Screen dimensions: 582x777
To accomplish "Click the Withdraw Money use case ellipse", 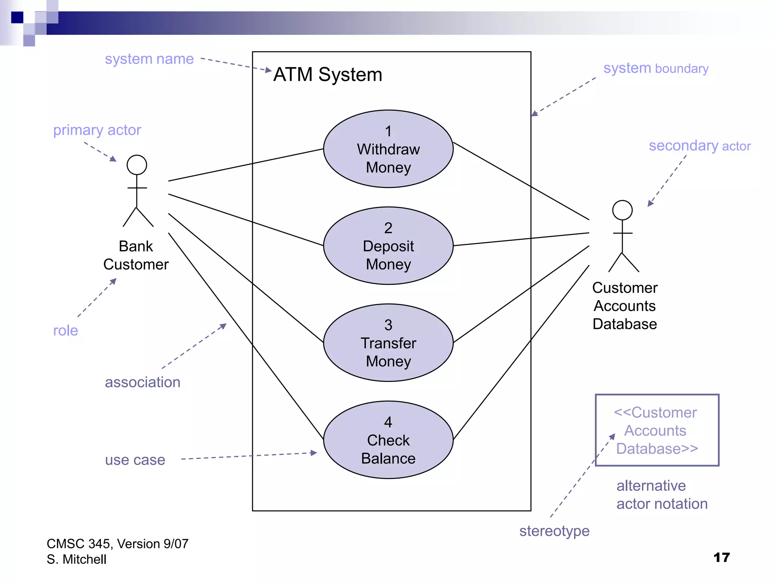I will point(388,149).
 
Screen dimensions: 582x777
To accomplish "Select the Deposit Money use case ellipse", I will point(388,246).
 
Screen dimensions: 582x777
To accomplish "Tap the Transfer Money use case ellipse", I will point(388,343).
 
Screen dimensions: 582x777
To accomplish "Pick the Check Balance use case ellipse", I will point(388,440).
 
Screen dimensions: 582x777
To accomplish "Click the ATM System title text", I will point(327,74).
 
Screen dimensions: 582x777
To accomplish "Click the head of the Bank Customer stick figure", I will point(137,165).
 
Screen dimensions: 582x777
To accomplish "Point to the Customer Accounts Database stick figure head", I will point(622,210).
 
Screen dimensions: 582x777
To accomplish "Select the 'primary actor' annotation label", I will point(97,130).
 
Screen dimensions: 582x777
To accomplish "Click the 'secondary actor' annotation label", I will point(699,146).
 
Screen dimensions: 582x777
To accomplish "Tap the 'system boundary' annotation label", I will point(656,69).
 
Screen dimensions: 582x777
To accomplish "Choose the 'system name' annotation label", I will point(149,59).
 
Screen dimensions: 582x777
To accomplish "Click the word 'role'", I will point(65,330).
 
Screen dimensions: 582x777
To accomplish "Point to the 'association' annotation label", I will point(142,382).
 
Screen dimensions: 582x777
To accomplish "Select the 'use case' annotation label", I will point(135,460).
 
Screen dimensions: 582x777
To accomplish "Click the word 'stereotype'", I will point(554,531).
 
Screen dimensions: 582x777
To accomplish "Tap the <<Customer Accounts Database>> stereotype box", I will point(656,430).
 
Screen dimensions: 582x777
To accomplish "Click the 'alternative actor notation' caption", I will point(662,494).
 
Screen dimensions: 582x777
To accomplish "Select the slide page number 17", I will point(721,557).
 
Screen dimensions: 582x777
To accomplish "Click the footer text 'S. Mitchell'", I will point(76,559).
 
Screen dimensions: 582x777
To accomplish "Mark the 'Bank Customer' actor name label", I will point(136,255).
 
